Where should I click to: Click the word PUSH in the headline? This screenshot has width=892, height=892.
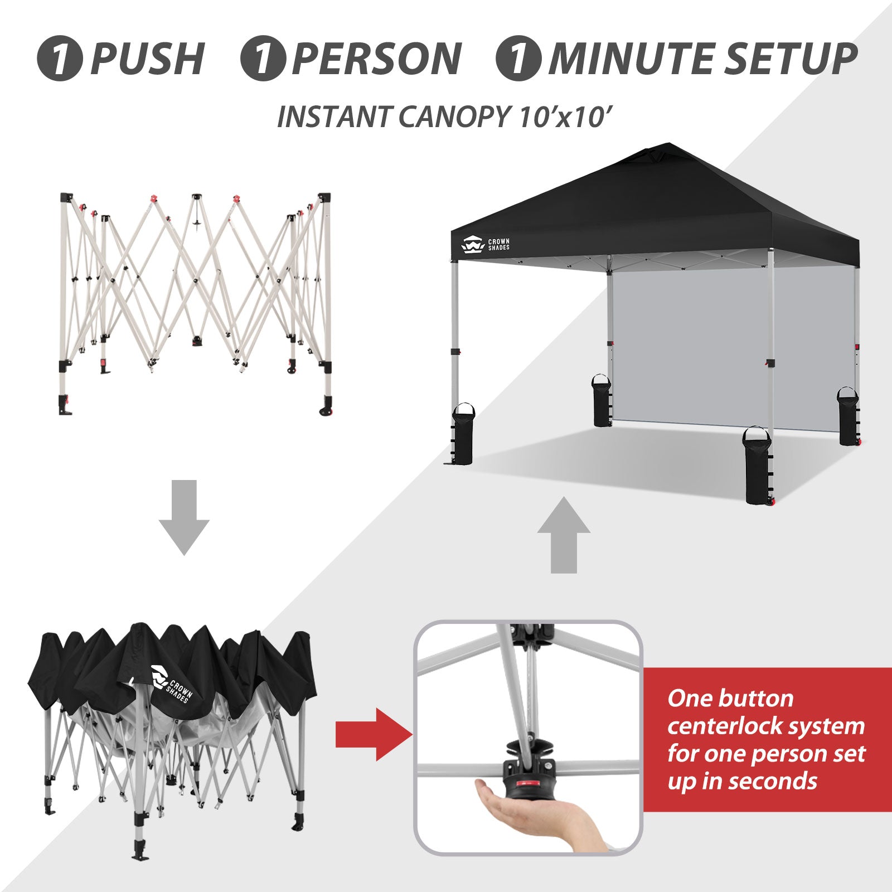pos(147,59)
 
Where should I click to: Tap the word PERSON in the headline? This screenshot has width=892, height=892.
pos(377,59)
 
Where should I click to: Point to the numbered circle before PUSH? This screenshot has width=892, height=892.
pos(60,59)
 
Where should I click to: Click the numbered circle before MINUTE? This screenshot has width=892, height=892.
pos(518,59)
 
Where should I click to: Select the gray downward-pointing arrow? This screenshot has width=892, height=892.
pos(184,517)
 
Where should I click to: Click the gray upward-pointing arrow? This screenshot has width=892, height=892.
pos(564,535)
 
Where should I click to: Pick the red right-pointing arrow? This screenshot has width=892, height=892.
pos(374,734)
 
